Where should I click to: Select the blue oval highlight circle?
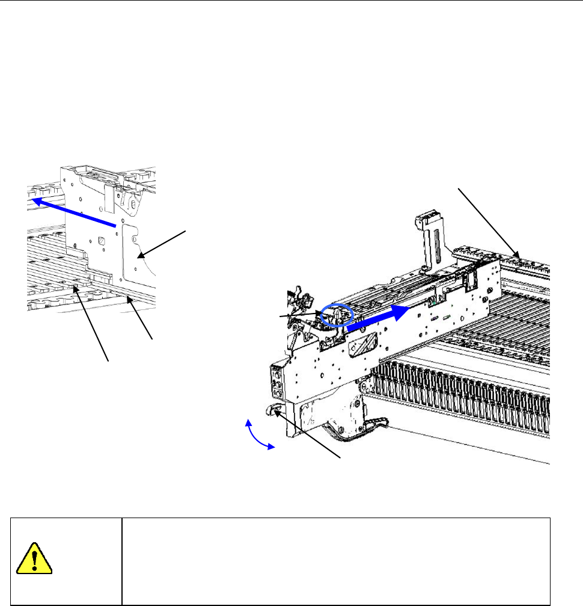pyautogui.click(x=335, y=315)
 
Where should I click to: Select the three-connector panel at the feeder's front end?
pyautogui.click(x=278, y=381)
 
